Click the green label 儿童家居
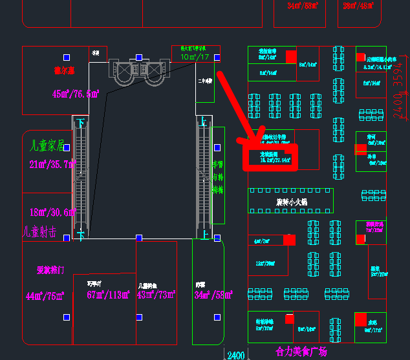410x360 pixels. coord(44,145)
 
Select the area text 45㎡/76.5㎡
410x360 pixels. coord(75,94)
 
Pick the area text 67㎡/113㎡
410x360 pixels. coord(107,296)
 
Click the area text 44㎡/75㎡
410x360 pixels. coord(45,296)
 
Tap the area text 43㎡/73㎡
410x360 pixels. coord(156,295)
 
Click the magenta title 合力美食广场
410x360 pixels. coord(301,352)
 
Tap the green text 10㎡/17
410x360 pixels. coord(195,58)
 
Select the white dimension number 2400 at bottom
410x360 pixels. coord(236,355)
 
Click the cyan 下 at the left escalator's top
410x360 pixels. coord(81,122)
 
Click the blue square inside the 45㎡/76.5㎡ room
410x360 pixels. coord(67,56)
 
